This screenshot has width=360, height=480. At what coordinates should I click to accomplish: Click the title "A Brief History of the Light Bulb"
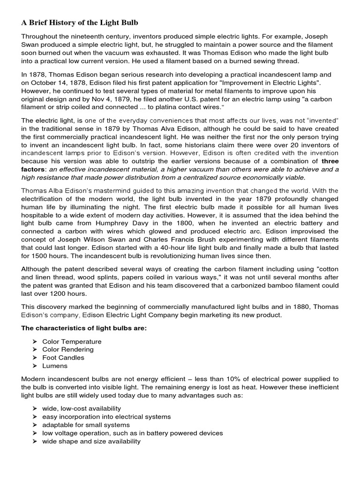tap(80, 22)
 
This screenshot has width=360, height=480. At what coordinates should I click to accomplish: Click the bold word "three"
tap(330, 161)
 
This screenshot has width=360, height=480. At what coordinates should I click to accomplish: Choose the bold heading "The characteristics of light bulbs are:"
tap(84, 328)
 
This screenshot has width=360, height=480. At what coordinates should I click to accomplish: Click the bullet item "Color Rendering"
tap(68, 350)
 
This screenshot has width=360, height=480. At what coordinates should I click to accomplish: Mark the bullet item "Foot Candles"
tap(63, 358)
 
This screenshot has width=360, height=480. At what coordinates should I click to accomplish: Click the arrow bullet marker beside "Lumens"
tap(35, 366)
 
